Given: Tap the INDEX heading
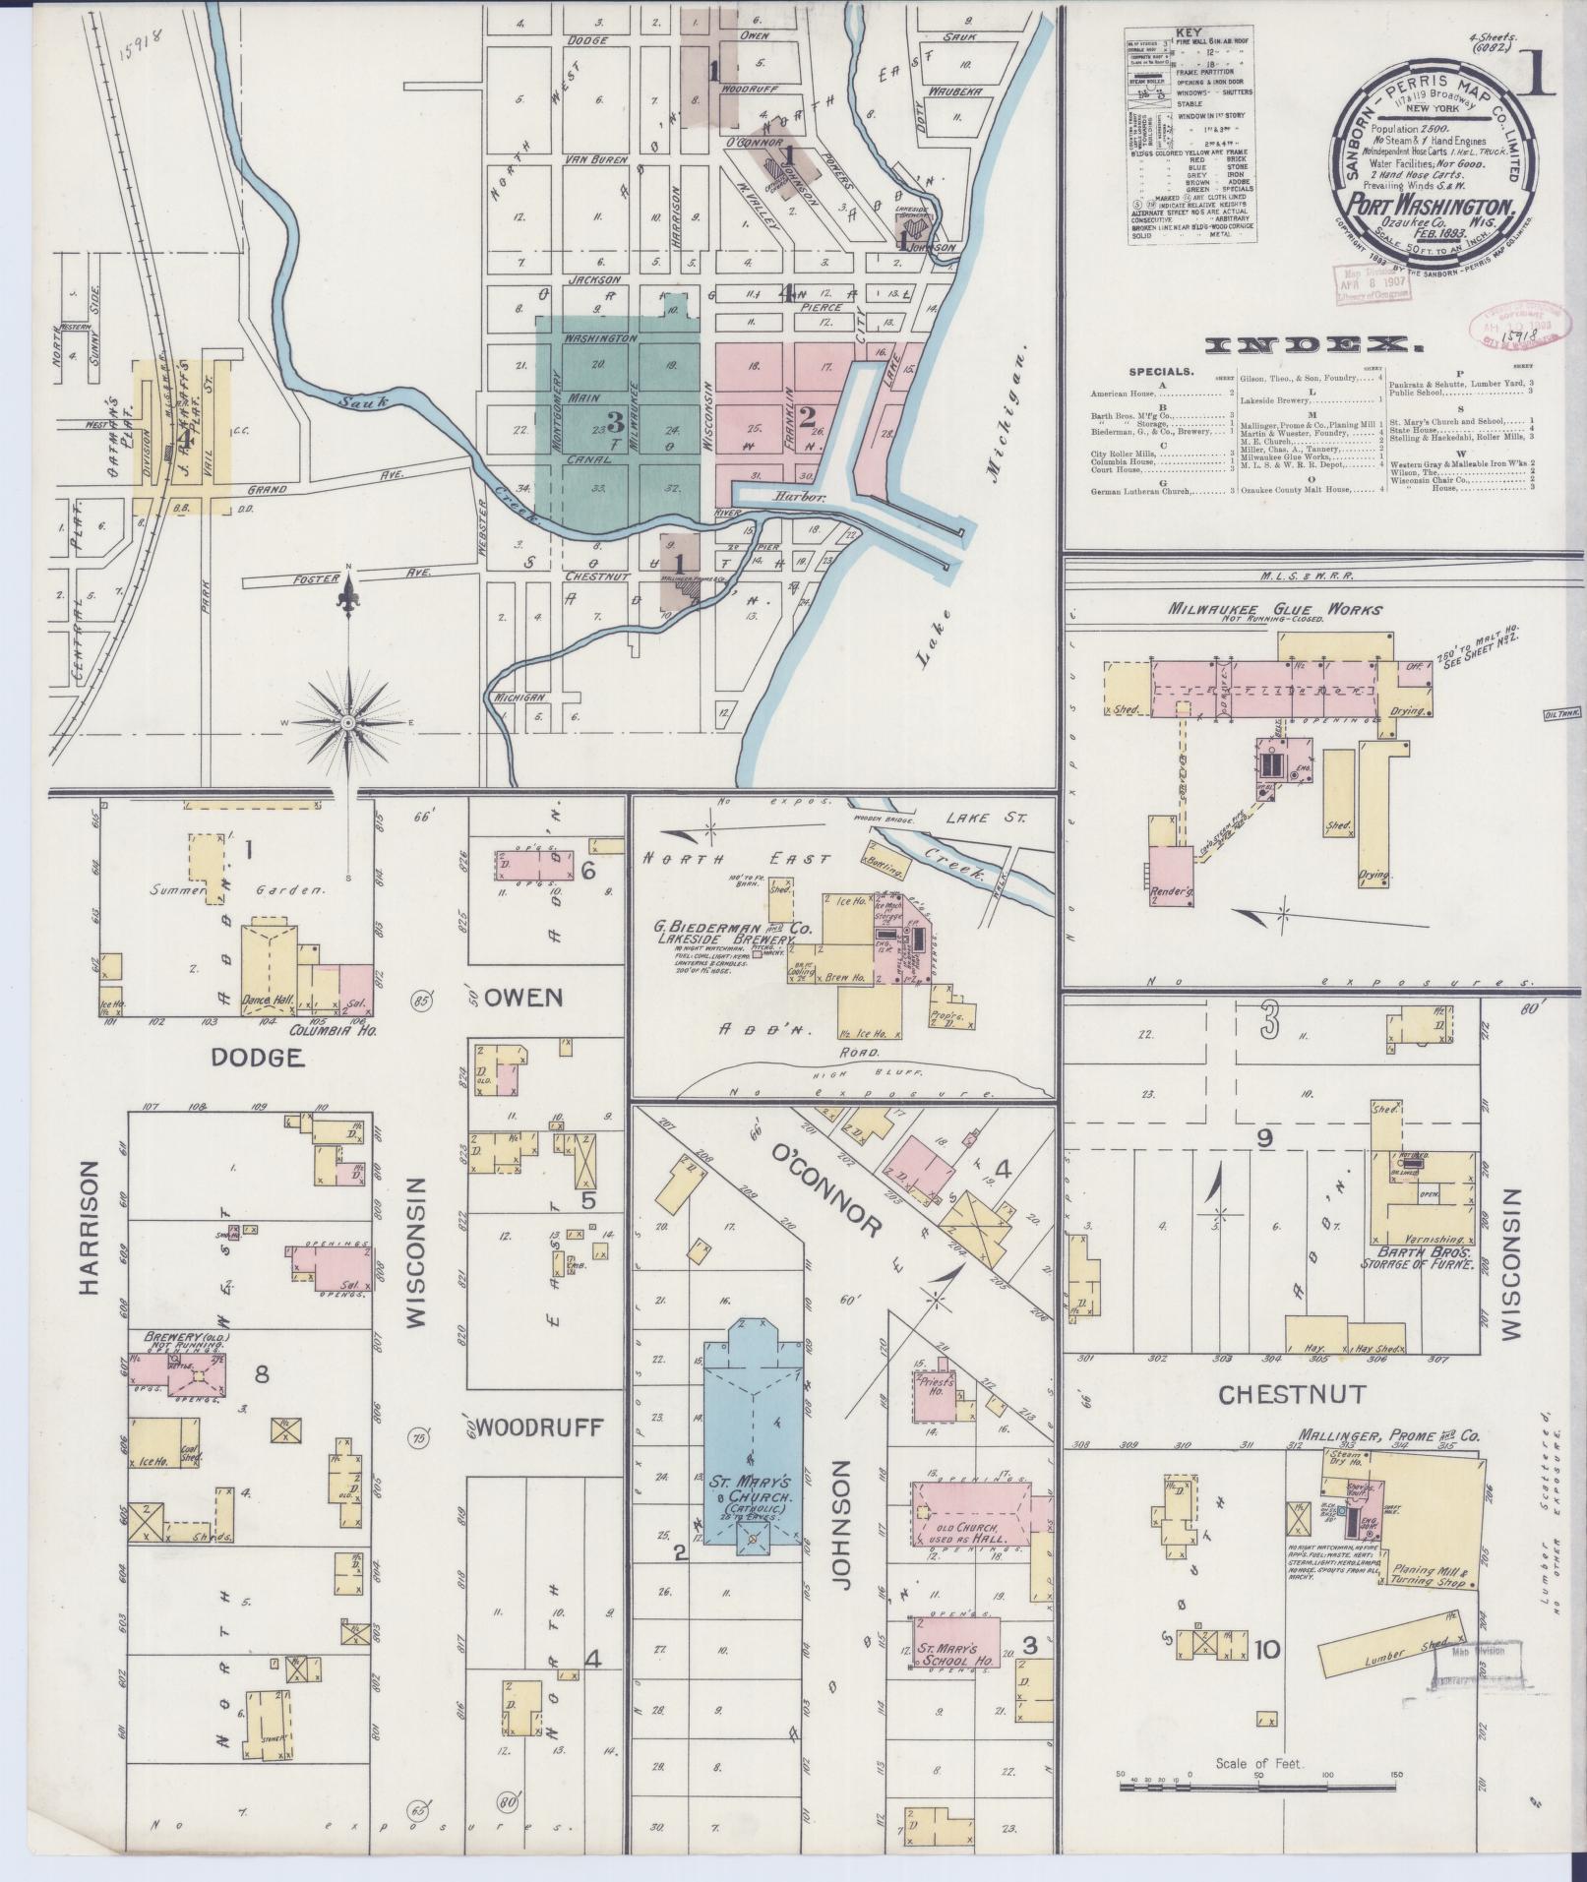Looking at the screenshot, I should (x=1314, y=345).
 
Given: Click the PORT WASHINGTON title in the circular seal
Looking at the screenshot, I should (x=1430, y=207).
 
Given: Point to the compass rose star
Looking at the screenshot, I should (x=348, y=723).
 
